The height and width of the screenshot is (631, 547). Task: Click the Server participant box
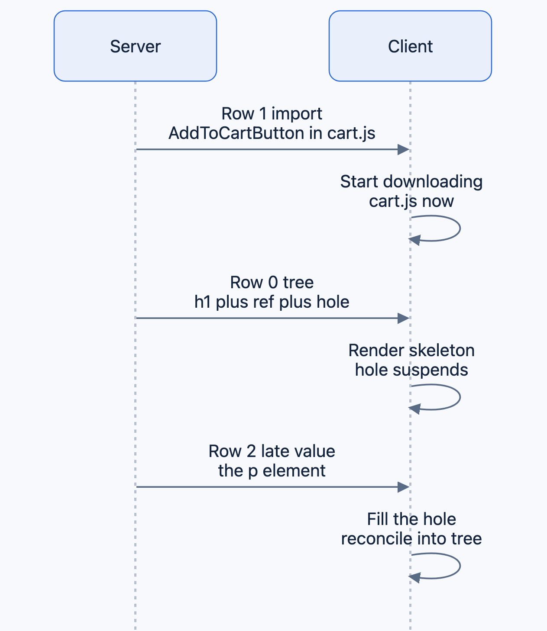coord(135,46)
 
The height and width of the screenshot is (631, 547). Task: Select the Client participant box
coord(410,46)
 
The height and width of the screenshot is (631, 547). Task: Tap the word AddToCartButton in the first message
coord(236,133)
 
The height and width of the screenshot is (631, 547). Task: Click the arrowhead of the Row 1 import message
coord(404,150)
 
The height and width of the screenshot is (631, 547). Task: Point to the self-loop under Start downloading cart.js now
coord(460,229)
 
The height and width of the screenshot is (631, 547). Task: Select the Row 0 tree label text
coord(272,282)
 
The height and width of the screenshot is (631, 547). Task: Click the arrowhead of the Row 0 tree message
coord(404,318)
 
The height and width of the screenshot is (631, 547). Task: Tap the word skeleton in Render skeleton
coord(442,351)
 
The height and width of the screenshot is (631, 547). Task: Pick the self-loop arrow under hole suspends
coord(460,397)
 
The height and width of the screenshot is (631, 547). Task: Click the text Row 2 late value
coord(272,451)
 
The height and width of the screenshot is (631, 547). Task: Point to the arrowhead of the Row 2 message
coord(404,487)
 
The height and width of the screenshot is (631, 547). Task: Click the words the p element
coord(272,471)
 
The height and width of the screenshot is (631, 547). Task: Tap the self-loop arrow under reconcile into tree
coord(460,566)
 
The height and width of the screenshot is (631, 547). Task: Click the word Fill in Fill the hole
coord(378,519)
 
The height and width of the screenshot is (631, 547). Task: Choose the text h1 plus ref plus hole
coord(272,302)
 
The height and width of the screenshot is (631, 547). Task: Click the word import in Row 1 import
coord(297,114)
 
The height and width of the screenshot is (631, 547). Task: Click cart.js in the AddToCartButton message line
coord(351,133)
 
